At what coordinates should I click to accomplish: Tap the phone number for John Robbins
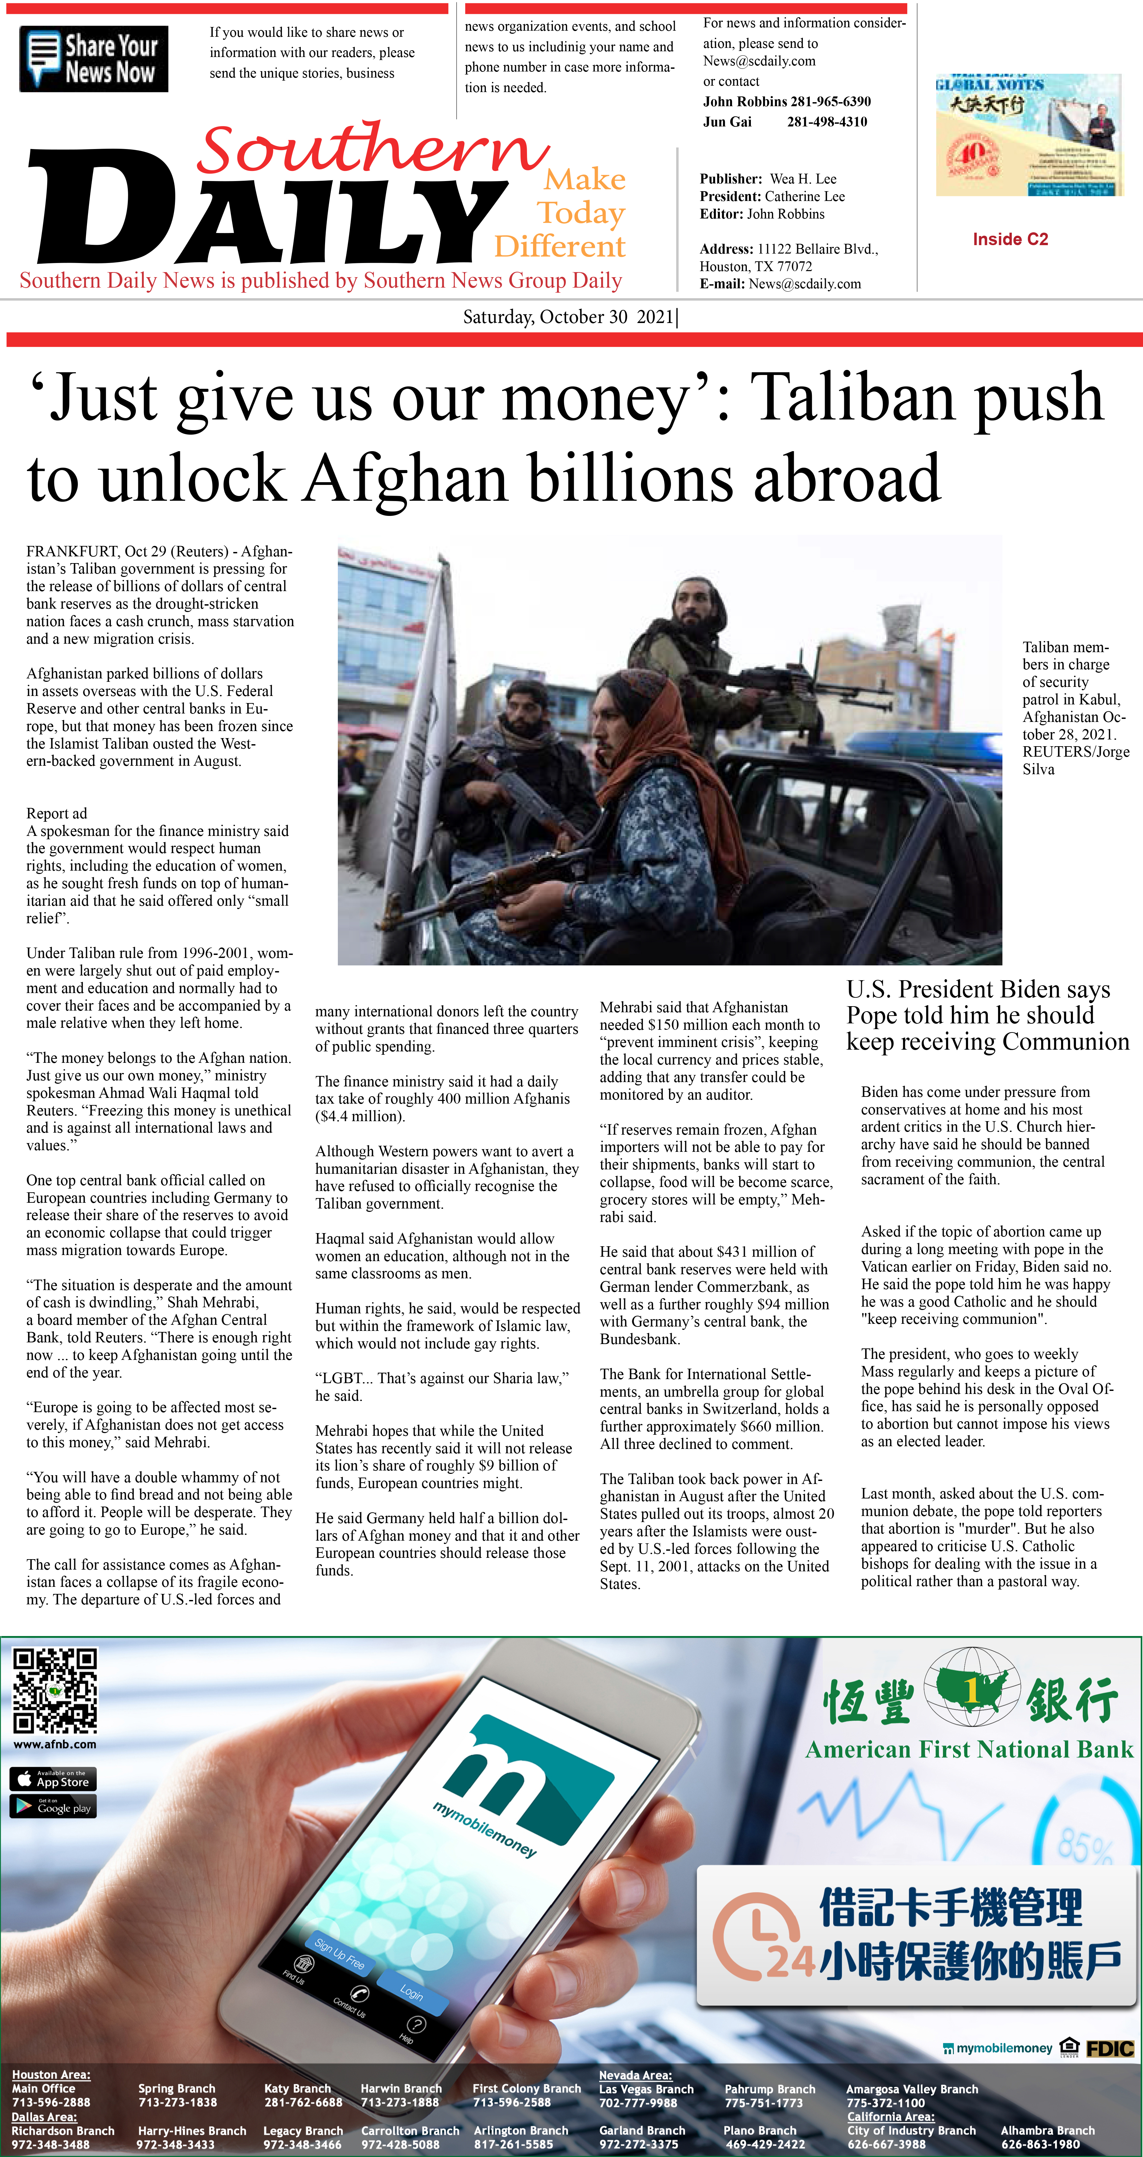[831, 101]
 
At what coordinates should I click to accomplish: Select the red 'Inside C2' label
[1010, 239]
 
